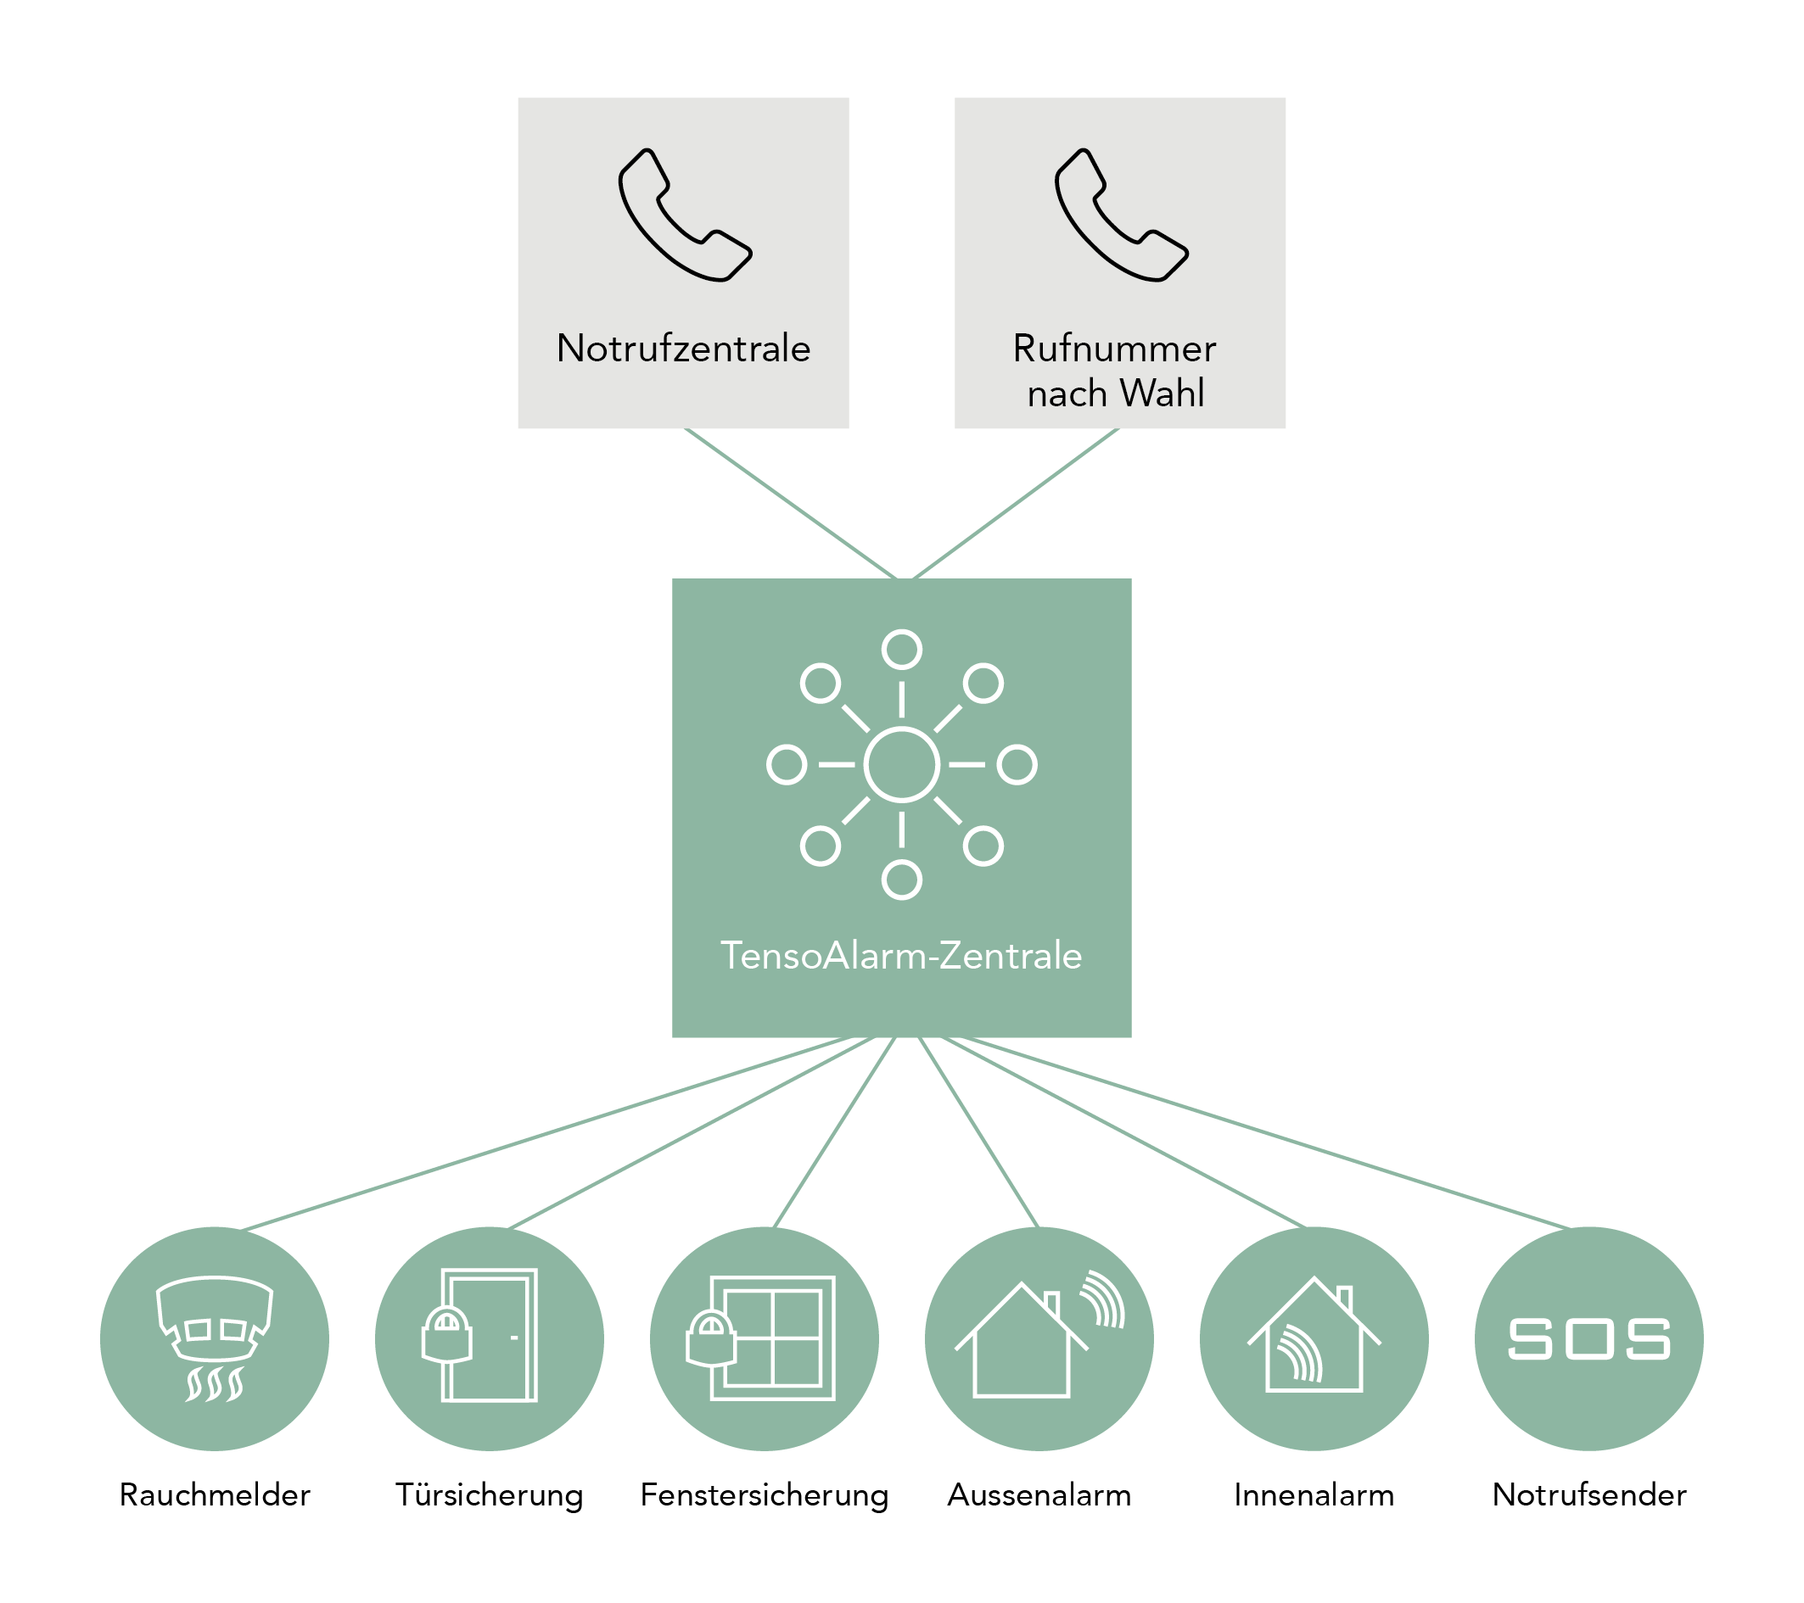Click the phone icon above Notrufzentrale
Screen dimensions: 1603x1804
coord(685,215)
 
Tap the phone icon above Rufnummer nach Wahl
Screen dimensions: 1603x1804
coord(1121,215)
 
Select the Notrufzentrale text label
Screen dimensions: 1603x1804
coord(683,349)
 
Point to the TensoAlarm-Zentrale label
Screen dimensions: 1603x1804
coord(901,957)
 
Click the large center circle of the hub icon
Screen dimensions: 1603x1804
coord(901,765)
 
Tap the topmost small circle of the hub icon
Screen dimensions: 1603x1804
coord(901,650)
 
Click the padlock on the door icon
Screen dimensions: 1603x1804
coord(446,1333)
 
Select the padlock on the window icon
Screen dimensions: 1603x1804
coord(711,1338)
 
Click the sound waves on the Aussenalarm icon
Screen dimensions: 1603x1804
coord(1103,1298)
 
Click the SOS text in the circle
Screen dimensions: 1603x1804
coord(1588,1339)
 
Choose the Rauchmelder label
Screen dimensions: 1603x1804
coord(215,1495)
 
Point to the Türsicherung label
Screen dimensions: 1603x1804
coord(489,1495)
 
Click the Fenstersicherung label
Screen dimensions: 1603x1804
coord(765,1495)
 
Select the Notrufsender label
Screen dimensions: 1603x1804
coord(1588,1495)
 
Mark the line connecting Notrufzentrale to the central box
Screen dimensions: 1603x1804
coord(790,504)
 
